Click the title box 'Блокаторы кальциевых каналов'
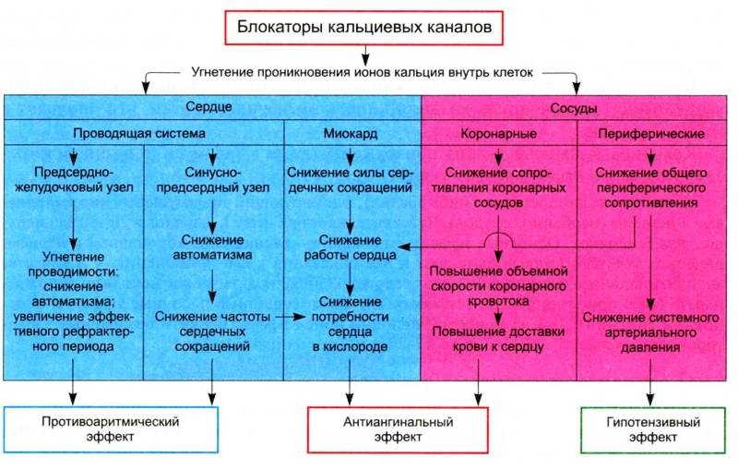(x=363, y=28)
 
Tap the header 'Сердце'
(x=208, y=107)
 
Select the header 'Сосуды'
(x=573, y=108)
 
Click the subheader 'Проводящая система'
(x=139, y=133)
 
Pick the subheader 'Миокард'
(x=351, y=133)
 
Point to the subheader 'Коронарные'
(x=498, y=134)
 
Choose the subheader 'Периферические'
(x=651, y=134)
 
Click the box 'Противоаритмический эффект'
(x=111, y=429)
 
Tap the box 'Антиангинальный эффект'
(x=398, y=429)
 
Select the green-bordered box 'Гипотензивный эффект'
(x=653, y=430)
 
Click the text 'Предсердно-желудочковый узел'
(x=74, y=180)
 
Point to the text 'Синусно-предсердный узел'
(x=213, y=180)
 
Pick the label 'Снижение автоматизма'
(x=212, y=247)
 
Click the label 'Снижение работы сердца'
(x=350, y=247)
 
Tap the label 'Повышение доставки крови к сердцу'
(x=498, y=339)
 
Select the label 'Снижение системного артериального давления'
(x=650, y=332)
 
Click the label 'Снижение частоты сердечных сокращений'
(x=212, y=331)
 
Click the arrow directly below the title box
(x=364, y=54)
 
